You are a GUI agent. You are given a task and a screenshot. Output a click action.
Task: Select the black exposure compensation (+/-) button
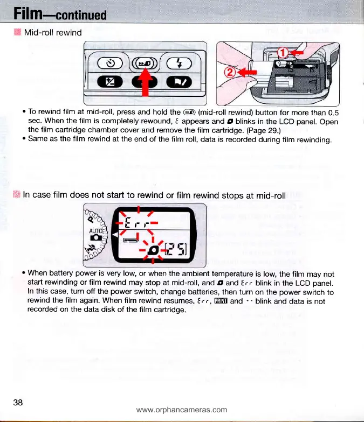tap(107, 83)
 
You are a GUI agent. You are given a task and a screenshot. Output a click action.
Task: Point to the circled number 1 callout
tap(283, 53)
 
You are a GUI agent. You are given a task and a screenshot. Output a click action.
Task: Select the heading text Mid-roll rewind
tap(53, 33)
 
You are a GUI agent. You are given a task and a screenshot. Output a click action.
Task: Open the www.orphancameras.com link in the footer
tap(182, 410)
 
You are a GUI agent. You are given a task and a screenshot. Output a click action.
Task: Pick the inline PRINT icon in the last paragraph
tap(221, 301)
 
